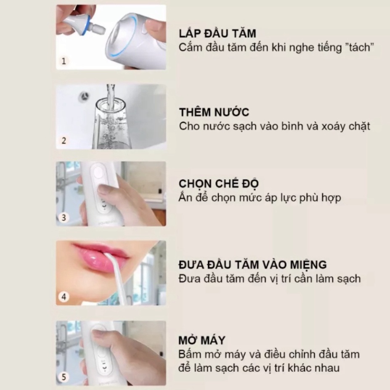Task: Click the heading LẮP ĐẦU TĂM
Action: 217,33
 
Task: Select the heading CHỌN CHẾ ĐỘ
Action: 219,184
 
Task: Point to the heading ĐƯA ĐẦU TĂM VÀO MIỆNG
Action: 252,265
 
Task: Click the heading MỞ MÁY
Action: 202,340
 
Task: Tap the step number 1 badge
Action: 64,61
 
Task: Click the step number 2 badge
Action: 64,141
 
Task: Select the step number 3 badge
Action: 64,218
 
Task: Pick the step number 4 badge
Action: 64,297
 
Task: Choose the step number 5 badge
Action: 64,377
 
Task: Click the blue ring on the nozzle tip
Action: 85,25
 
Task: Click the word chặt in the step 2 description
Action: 359,127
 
